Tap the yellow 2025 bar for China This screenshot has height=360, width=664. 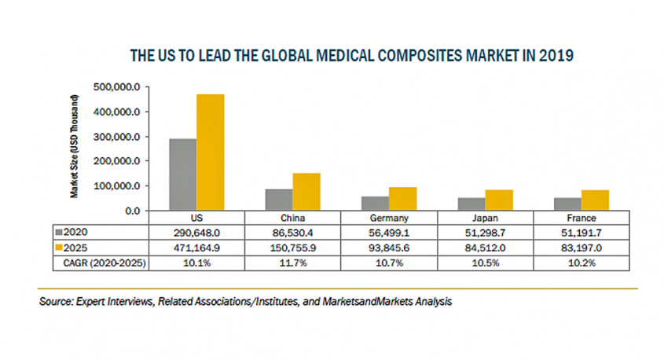coord(306,192)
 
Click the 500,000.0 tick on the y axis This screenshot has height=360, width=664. coord(116,87)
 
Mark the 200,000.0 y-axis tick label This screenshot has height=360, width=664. coord(116,161)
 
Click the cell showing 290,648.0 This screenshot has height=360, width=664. coord(196,233)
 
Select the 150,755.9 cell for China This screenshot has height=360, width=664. coord(293,248)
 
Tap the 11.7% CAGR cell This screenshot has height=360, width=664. coord(293,263)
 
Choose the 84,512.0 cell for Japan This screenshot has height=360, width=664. coord(486,248)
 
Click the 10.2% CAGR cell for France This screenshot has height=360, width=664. coord(582,263)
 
